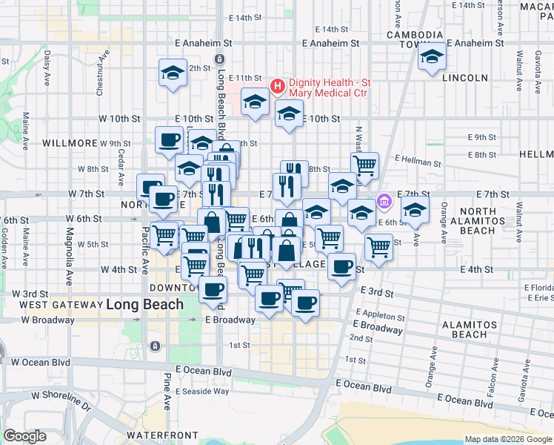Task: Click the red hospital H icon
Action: pyautogui.click(x=278, y=87)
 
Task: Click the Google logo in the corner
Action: pyautogui.click(x=24, y=436)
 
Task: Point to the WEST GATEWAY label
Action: pyautogui.click(x=60, y=305)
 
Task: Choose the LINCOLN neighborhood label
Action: pyautogui.click(x=465, y=78)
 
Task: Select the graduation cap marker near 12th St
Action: pyautogui.click(x=173, y=73)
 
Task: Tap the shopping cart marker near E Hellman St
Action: pyautogui.click(x=364, y=165)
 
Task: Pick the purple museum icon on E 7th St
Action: pyautogui.click(x=384, y=201)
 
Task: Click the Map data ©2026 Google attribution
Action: pyautogui.click(x=507, y=439)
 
